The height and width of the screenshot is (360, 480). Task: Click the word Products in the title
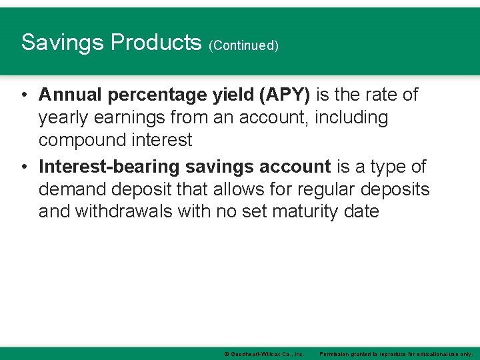pos(156,43)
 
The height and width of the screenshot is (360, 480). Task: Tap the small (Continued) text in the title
pos(243,45)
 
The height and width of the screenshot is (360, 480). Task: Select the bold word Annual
pos(67,95)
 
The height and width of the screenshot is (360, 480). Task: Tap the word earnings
pos(133,118)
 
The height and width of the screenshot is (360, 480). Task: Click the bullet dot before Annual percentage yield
pos(23,95)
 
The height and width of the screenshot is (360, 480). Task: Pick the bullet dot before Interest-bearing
pos(23,167)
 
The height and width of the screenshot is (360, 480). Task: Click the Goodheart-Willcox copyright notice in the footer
pos(264,353)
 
